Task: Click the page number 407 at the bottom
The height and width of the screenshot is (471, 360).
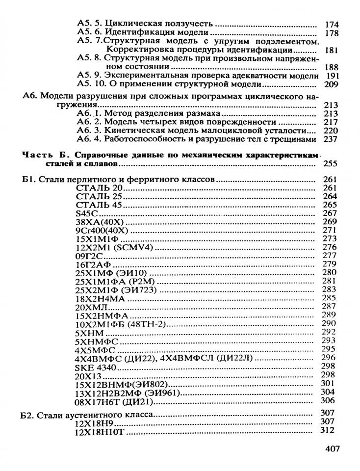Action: click(333, 449)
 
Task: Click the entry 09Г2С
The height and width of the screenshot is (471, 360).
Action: click(89, 255)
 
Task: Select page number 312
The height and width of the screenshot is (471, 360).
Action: click(326, 430)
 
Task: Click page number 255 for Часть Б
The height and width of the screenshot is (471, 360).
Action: click(327, 165)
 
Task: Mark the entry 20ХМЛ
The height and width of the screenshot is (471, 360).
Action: click(91, 307)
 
